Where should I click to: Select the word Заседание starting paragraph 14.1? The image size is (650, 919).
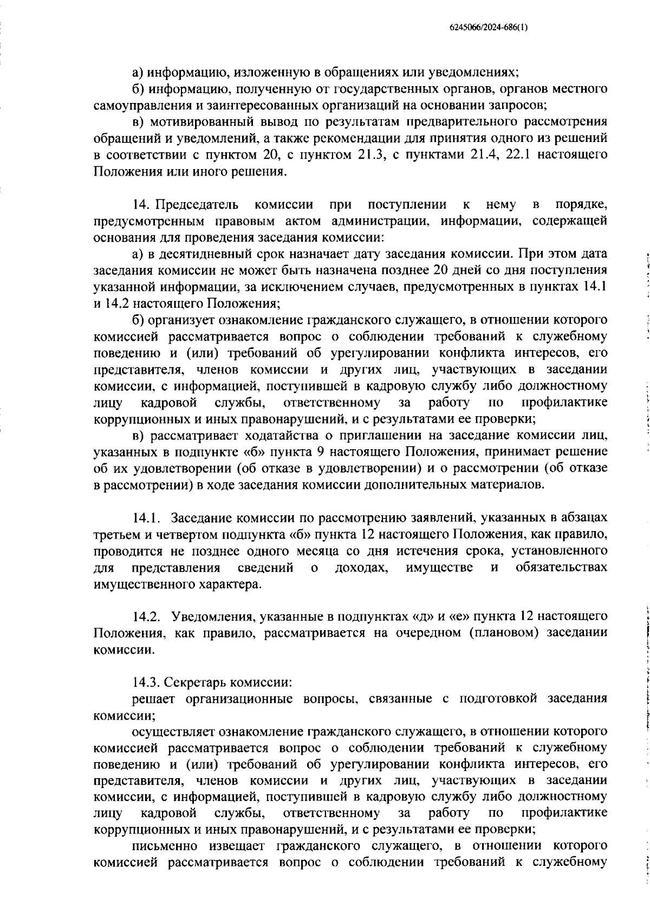pos(209,519)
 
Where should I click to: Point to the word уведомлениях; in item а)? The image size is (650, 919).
pos(470,72)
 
